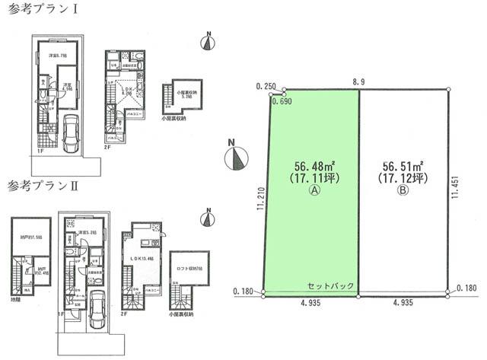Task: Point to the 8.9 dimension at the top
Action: click(361, 79)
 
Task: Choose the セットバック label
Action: click(331, 285)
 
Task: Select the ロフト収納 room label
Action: click(189, 267)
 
